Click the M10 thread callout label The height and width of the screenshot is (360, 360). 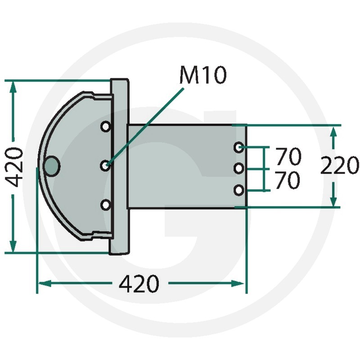(203, 75)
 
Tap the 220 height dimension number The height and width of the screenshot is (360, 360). (339, 165)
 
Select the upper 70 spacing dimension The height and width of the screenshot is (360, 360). (288, 156)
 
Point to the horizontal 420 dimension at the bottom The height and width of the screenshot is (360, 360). (139, 284)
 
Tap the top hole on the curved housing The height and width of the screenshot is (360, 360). (106, 126)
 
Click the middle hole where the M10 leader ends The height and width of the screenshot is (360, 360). (105, 166)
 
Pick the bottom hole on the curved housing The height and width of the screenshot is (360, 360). (106, 205)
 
